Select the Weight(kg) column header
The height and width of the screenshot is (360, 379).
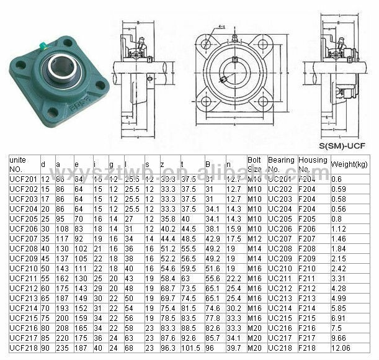point(351,164)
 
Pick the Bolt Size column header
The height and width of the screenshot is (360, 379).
point(255,164)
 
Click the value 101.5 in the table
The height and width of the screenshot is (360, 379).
point(190,349)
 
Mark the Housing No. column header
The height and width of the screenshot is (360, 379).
point(312,164)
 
